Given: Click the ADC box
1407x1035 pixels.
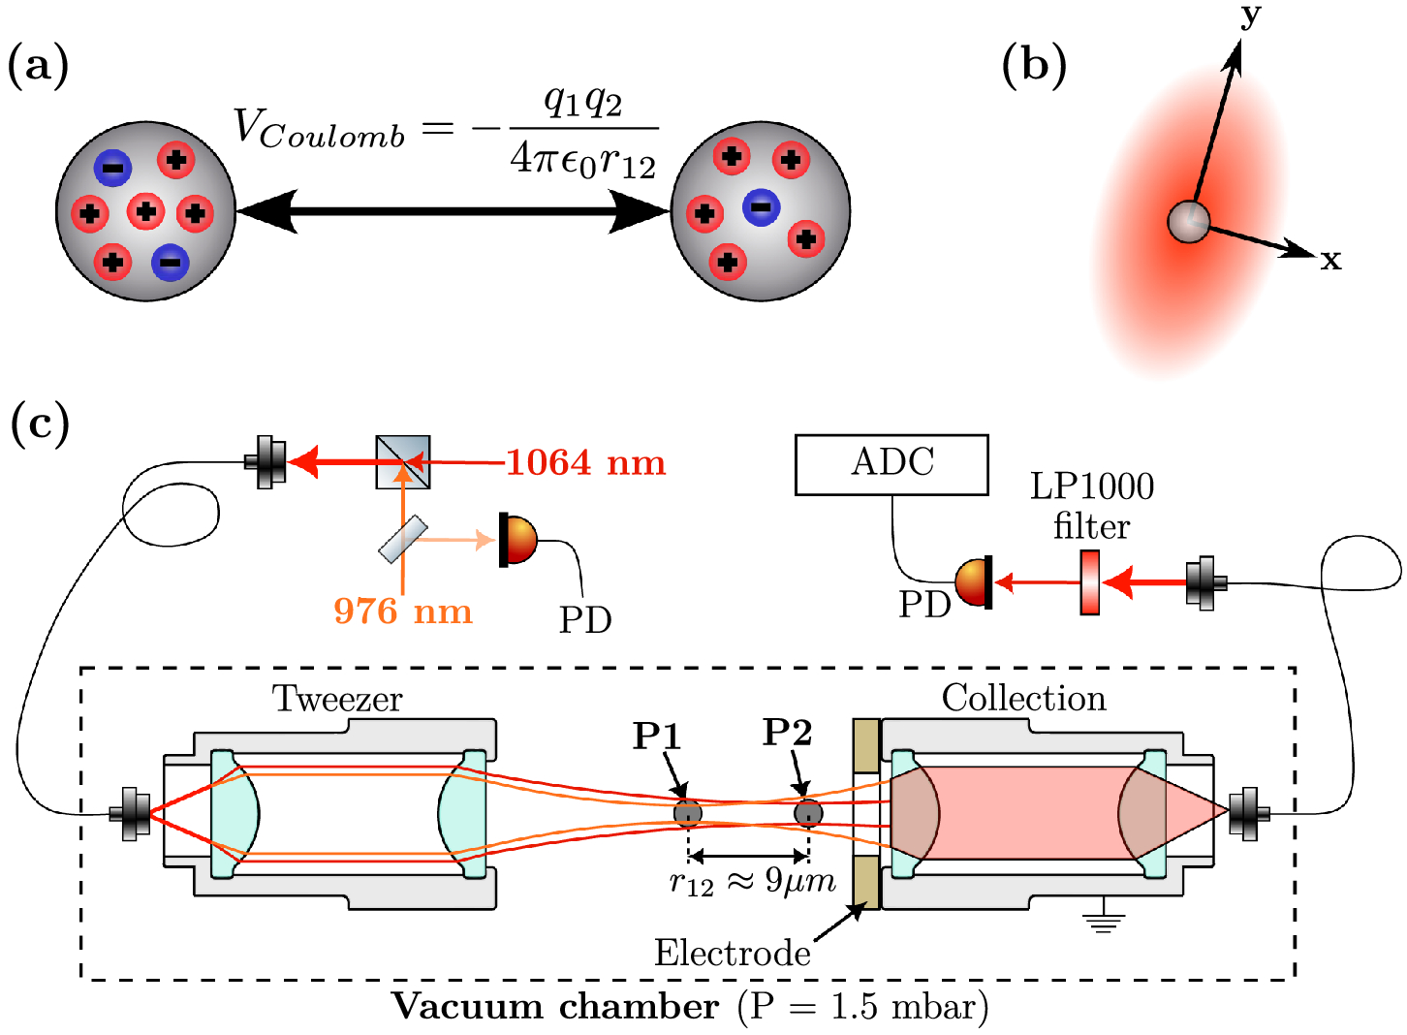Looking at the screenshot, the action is [891, 465].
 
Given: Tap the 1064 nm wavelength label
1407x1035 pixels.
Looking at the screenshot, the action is [585, 463].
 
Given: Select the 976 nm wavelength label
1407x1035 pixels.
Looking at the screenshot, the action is [403, 611].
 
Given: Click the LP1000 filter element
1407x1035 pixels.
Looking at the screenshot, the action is [1090, 582].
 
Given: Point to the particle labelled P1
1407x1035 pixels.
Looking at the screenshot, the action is [688, 813].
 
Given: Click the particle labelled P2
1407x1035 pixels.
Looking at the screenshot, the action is [808, 813].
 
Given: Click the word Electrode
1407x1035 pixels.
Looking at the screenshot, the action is [733, 953].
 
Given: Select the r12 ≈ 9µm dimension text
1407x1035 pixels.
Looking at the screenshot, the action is [753, 882].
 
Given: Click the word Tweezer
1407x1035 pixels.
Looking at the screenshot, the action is [336, 699].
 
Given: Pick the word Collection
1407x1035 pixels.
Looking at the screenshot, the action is [1024, 698].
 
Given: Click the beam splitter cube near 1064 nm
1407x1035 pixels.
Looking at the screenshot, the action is [403, 462].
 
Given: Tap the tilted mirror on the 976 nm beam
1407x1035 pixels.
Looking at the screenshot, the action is [403, 540].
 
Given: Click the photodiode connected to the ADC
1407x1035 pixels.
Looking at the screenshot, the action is [973, 582].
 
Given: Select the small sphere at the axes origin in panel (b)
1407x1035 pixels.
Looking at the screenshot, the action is [1188, 222].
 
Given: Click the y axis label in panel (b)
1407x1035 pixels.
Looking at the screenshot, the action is [1251, 16].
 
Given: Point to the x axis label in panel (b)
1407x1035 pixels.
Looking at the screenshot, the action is [1330, 260].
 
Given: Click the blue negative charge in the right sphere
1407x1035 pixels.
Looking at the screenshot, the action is [761, 207].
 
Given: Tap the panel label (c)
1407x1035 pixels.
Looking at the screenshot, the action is [40, 424].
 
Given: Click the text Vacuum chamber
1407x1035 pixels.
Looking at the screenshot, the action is [556, 1007].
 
